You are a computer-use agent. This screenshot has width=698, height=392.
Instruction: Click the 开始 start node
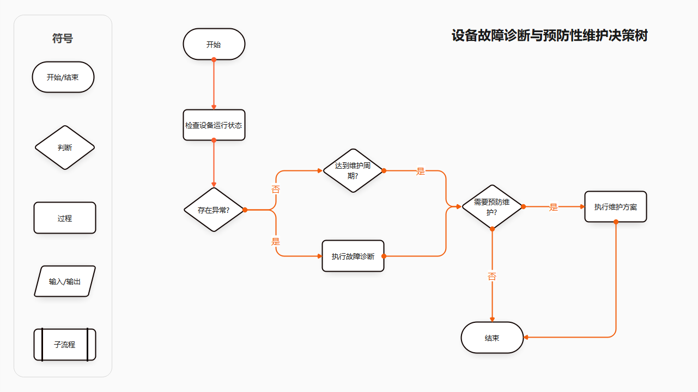click(x=214, y=44)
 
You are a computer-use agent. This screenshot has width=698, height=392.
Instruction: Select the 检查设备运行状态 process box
click(x=214, y=125)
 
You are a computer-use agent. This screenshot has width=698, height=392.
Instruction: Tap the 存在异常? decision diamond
click(x=214, y=210)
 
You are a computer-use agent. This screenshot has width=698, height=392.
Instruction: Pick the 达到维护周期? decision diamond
click(x=353, y=170)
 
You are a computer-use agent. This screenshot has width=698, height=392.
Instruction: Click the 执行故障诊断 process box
click(x=353, y=256)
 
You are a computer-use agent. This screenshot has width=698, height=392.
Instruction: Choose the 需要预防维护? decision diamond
click(x=492, y=206)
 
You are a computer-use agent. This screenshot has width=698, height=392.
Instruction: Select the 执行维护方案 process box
click(x=615, y=206)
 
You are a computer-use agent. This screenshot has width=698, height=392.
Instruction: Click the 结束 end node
click(x=492, y=338)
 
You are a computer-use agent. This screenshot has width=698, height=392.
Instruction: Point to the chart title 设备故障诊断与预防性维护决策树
click(x=549, y=36)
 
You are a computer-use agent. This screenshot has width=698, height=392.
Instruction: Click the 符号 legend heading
click(x=63, y=39)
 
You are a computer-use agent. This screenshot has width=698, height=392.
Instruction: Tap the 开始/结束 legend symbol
click(x=63, y=77)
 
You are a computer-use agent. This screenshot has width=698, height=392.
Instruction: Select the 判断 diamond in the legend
click(x=64, y=148)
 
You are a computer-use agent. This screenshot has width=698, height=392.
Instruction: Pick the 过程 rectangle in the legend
click(x=64, y=218)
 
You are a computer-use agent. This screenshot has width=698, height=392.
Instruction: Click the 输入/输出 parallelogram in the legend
click(x=64, y=281)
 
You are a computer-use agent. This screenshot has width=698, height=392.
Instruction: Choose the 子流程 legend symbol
click(x=64, y=345)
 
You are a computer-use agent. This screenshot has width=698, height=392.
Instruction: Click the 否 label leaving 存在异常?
click(x=276, y=189)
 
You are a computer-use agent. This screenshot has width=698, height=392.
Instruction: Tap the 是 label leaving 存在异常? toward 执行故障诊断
click(x=276, y=241)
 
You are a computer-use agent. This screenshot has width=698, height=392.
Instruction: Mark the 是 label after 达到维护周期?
click(x=421, y=171)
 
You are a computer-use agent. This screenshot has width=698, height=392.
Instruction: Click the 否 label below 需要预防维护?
click(x=492, y=277)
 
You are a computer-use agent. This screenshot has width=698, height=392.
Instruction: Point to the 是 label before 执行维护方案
click(x=554, y=207)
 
